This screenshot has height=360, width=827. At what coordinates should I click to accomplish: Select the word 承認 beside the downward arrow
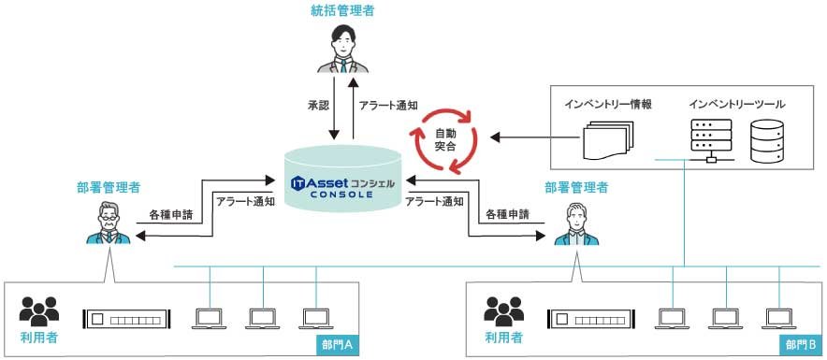(318, 106)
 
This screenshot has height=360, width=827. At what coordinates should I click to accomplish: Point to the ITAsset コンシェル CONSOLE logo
(345, 185)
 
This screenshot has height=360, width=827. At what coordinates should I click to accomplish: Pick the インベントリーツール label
(736, 104)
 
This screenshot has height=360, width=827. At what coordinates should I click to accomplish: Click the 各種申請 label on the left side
(171, 215)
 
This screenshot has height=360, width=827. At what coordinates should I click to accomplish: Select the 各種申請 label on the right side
(507, 214)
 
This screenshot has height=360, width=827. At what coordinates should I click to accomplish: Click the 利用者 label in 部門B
(503, 337)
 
